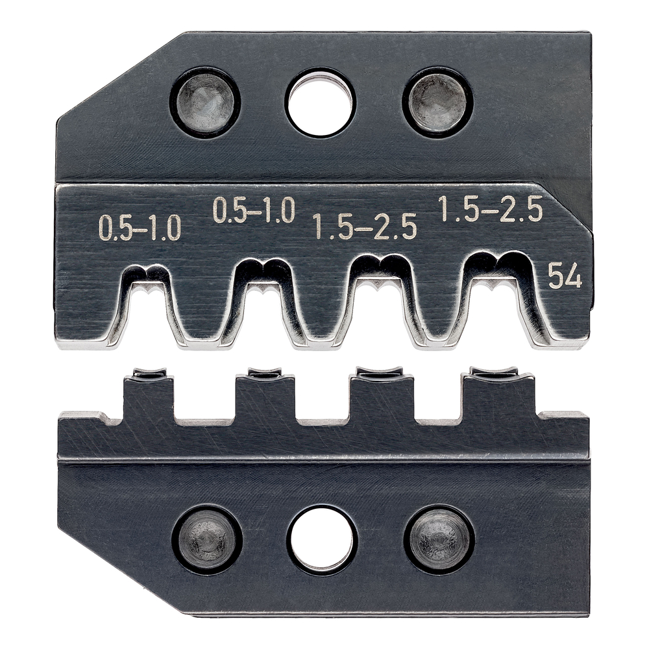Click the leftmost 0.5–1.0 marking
coord(140,229)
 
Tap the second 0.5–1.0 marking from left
coord(254,210)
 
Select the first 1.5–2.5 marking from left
coord(364,228)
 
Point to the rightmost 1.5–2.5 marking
coord(491,210)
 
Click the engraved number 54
coord(565,277)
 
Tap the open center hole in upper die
coord(320,103)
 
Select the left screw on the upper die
coord(205,102)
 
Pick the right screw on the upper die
coord(437,102)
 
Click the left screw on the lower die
coord(207,539)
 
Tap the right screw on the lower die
coord(439,539)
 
